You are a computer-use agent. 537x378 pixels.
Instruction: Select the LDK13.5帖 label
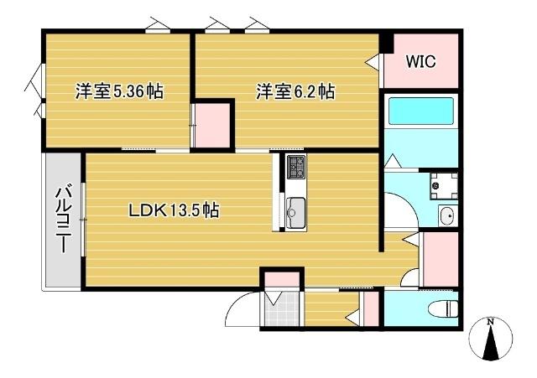[174, 210]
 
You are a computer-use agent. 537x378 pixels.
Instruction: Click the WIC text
[420, 61]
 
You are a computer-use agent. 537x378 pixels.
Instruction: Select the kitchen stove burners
[296, 167]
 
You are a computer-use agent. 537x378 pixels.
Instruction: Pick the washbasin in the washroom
[447, 216]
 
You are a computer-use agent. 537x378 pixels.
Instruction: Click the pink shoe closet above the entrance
[281, 278]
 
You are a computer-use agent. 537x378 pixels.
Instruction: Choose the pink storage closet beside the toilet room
[441, 258]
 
